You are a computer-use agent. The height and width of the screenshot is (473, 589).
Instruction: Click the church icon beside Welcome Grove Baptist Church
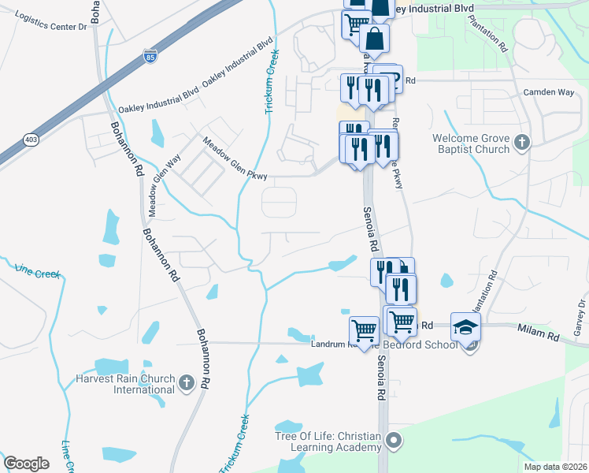(520, 143)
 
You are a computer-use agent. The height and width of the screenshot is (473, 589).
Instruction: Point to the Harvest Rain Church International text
(133, 384)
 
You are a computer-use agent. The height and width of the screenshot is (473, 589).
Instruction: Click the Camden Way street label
(549, 92)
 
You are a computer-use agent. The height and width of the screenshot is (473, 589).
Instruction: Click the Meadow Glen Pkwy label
(235, 158)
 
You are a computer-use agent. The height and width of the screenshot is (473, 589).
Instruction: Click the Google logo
(27, 463)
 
